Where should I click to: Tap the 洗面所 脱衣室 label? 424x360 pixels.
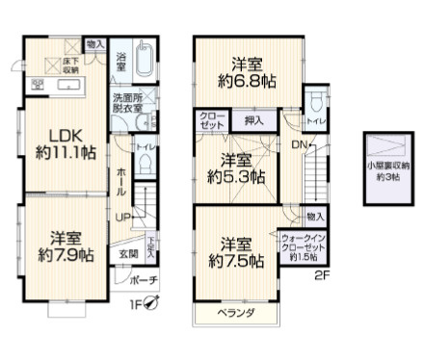coord(125,103)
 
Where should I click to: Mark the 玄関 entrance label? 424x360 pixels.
coord(128,253)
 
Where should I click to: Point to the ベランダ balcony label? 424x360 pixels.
coord(236,314)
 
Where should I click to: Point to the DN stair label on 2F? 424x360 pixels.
coord(299,145)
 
